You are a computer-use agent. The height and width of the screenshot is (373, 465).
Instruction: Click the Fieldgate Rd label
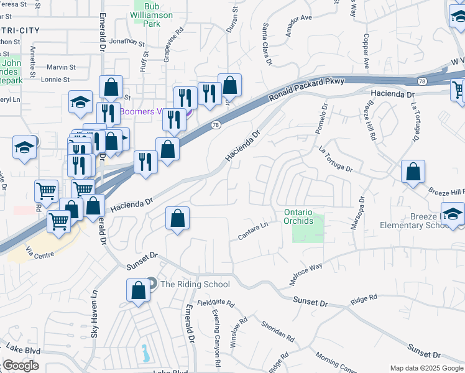point(215,303)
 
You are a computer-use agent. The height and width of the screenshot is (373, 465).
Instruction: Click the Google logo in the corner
point(21,366)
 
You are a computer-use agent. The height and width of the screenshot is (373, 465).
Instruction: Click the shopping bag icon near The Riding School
point(138,290)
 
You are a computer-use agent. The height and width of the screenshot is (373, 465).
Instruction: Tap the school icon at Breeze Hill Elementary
point(453,213)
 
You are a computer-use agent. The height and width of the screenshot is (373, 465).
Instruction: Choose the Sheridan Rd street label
point(278,332)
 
